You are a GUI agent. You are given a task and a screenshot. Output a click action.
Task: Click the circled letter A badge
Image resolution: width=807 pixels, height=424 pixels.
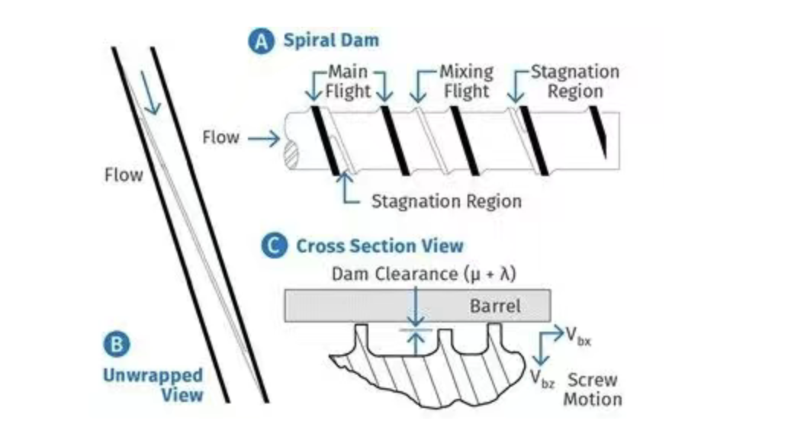(262, 41)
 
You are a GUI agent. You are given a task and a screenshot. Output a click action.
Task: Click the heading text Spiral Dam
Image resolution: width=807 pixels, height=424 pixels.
(331, 41)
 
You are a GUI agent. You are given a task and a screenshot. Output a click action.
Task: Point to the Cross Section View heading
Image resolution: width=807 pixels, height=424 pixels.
(379, 246)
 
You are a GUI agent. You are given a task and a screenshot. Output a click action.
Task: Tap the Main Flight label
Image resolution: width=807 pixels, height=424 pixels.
(349, 82)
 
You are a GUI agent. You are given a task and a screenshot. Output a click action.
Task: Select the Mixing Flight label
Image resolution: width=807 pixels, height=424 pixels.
(465, 82)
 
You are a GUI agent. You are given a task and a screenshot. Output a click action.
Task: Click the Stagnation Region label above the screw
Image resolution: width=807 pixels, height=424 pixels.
(574, 82)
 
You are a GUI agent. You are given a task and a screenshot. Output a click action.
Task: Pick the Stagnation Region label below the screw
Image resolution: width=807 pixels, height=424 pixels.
(445, 201)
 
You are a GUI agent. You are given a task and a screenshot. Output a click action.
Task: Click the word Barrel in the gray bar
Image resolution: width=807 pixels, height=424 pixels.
(494, 307)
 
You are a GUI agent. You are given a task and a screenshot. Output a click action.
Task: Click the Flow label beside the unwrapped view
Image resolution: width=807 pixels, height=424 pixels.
(123, 175)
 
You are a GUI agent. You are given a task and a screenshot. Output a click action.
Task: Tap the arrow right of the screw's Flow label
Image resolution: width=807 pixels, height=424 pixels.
(263, 139)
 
